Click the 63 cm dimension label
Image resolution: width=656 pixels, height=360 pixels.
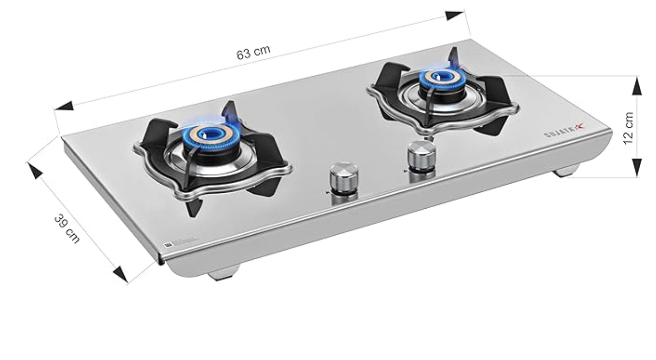pos(253,52)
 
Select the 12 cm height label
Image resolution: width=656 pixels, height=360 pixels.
pos(628,127)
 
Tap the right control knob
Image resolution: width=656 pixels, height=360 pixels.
pos(422,154)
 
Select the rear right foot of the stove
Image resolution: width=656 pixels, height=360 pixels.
pos(566,171)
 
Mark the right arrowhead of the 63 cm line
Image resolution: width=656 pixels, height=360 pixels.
pos(454,15)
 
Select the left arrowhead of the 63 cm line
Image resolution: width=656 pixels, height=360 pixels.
pos(64,106)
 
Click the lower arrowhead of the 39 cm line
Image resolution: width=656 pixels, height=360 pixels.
pos(120,274)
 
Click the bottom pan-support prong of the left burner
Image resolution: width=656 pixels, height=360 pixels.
pos(194,207)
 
